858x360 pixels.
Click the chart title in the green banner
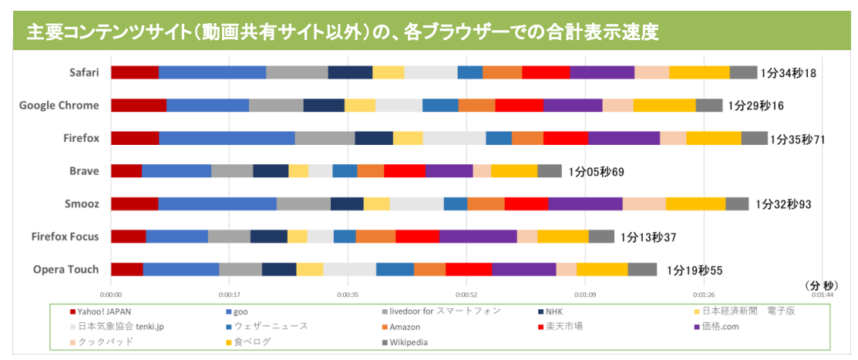[347, 32]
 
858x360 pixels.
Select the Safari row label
[83, 72]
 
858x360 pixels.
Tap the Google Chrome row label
[59, 106]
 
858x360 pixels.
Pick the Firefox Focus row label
[66, 236]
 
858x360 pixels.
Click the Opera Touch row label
[66, 269]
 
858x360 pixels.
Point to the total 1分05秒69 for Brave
[596, 172]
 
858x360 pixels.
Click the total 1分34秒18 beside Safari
[788, 73]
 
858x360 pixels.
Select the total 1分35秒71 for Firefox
[798, 140]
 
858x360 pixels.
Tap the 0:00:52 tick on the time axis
[465, 294]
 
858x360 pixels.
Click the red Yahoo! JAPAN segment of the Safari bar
[135, 72]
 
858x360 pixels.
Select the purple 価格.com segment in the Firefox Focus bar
[478, 236]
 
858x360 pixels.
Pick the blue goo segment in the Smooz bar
[217, 204]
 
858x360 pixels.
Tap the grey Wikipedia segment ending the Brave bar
[550, 170]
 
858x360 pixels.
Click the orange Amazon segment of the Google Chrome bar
[476, 106]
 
